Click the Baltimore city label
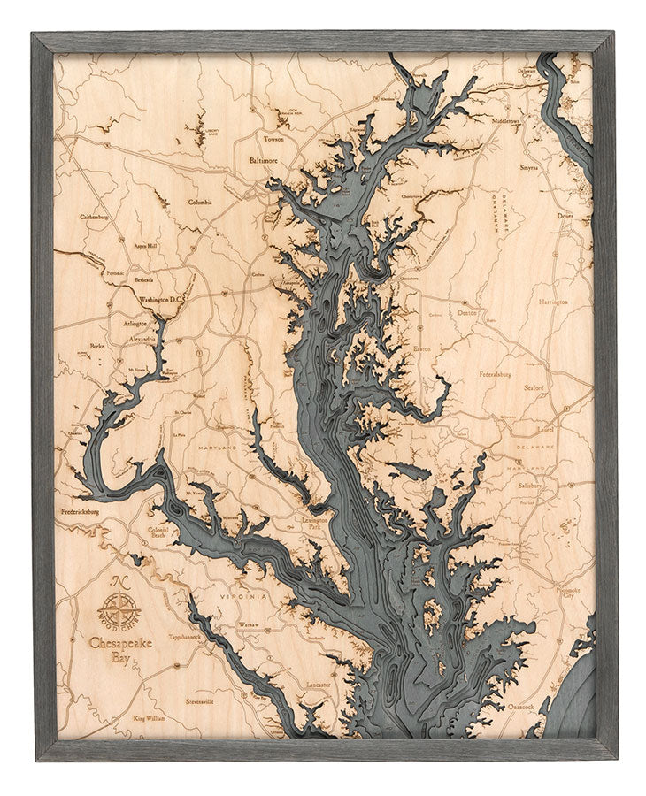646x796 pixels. pyautogui.click(x=264, y=161)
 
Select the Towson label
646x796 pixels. pyautogui.click(x=270, y=139)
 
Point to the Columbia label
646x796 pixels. pyautogui.click(x=200, y=202)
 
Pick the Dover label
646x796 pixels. pyautogui.click(x=565, y=215)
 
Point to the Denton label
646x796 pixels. pyautogui.click(x=466, y=312)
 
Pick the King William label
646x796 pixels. pyautogui.click(x=149, y=718)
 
